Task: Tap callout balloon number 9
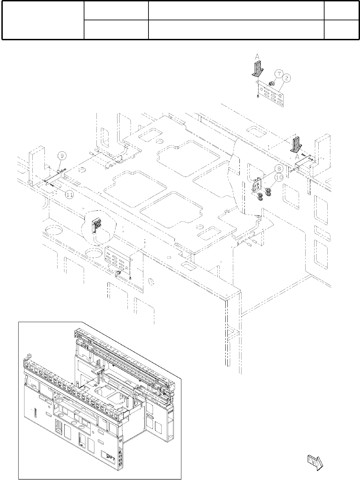pos(61,156)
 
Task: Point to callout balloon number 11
pos(70,195)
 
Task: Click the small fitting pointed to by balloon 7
pos(271,83)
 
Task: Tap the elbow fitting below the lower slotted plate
pos(118,274)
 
